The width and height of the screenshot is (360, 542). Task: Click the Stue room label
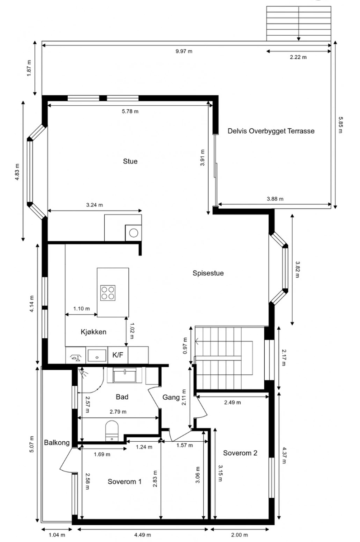point(130,161)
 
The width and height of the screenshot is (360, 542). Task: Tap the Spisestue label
point(208,273)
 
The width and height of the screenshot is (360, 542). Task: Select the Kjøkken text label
point(93,332)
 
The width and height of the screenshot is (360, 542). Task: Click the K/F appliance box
point(118,355)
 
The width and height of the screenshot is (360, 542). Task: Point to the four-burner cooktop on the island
point(108,293)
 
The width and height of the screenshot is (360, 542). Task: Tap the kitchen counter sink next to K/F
point(97,355)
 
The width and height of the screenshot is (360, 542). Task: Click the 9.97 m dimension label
point(184,51)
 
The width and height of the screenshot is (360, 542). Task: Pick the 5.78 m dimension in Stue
point(130,111)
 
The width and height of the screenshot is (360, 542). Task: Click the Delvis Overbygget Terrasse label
point(271,131)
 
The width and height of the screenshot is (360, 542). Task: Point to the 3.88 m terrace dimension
point(275,199)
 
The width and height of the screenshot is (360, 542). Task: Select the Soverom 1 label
point(125,482)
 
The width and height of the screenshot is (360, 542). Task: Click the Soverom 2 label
point(240,453)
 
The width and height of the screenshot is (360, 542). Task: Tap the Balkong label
point(57,443)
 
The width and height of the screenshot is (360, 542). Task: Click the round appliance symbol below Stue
point(133,233)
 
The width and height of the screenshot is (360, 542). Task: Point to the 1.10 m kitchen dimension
point(81,309)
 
